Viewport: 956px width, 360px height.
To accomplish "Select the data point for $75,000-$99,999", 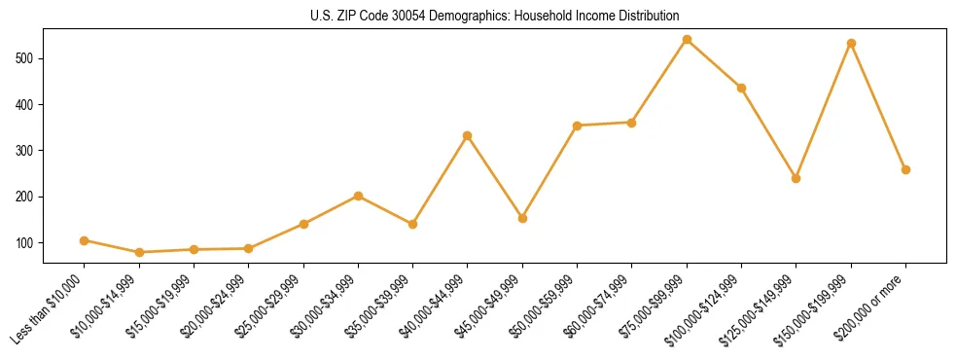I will [x=687, y=40].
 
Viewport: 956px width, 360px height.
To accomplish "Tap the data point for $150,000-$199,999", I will [x=851, y=43].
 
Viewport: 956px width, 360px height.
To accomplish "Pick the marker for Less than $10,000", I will [x=84, y=240].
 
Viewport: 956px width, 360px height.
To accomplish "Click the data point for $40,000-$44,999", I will [x=468, y=135].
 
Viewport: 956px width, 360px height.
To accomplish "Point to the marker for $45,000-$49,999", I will [x=522, y=218].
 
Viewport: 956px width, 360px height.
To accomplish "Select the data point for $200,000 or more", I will [x=905, y=169].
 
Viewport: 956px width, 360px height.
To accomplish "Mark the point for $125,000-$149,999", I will [x=796, y=178].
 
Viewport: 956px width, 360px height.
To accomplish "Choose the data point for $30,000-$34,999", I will [x=358, y=196].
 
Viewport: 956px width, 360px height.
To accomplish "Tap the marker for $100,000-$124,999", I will [x=741, y=88].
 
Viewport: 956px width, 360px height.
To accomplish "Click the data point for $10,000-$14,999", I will [x=139, y=252].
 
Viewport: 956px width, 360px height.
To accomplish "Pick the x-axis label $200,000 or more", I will [x=873, y=304].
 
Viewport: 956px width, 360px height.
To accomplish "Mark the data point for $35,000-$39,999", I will [x=412, y=224].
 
